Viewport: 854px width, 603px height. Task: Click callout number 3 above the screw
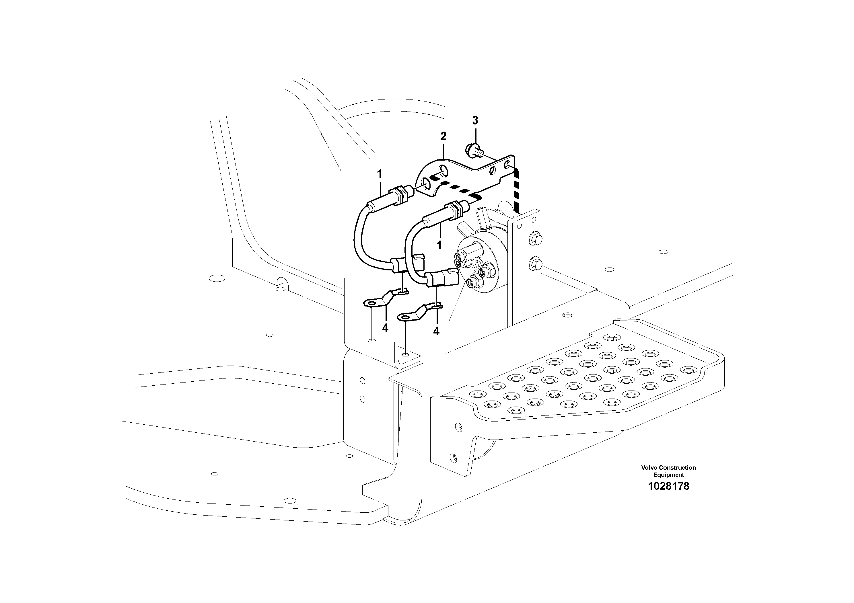[x=475, y=120]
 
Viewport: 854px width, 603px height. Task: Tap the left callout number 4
[x=385, y=328]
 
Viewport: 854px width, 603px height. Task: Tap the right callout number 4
[x=436, y=331]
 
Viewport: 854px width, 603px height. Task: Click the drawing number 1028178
[x=668, y=486]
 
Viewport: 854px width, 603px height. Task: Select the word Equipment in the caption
[x=668, y=475]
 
